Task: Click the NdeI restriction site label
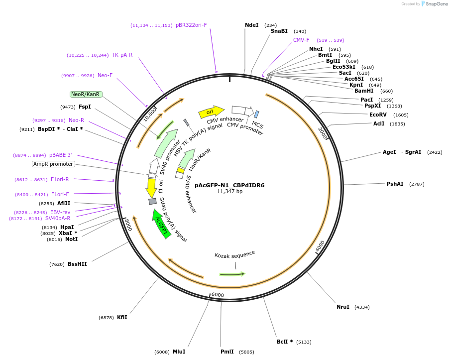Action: [252, 25]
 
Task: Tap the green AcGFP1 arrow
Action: [161, 224]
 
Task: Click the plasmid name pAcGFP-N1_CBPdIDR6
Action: [229, 185]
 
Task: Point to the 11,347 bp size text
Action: [229, 192]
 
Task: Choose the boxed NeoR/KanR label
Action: [86, 94]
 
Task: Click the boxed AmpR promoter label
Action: [53, 164]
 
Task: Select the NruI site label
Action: [343, 307]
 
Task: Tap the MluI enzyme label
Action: [179, 352]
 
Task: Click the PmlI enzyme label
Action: [227, 352]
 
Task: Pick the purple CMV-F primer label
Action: [301, 40]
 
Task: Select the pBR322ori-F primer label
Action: [191, 25]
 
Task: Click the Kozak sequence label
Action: [234, 254]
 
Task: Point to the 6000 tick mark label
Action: [218, 295]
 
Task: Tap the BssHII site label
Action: [77, 264]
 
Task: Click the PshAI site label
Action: [395, 184]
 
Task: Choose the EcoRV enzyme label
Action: [378, 115]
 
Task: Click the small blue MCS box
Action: [257, 114]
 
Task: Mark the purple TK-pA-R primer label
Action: [122, 55]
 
